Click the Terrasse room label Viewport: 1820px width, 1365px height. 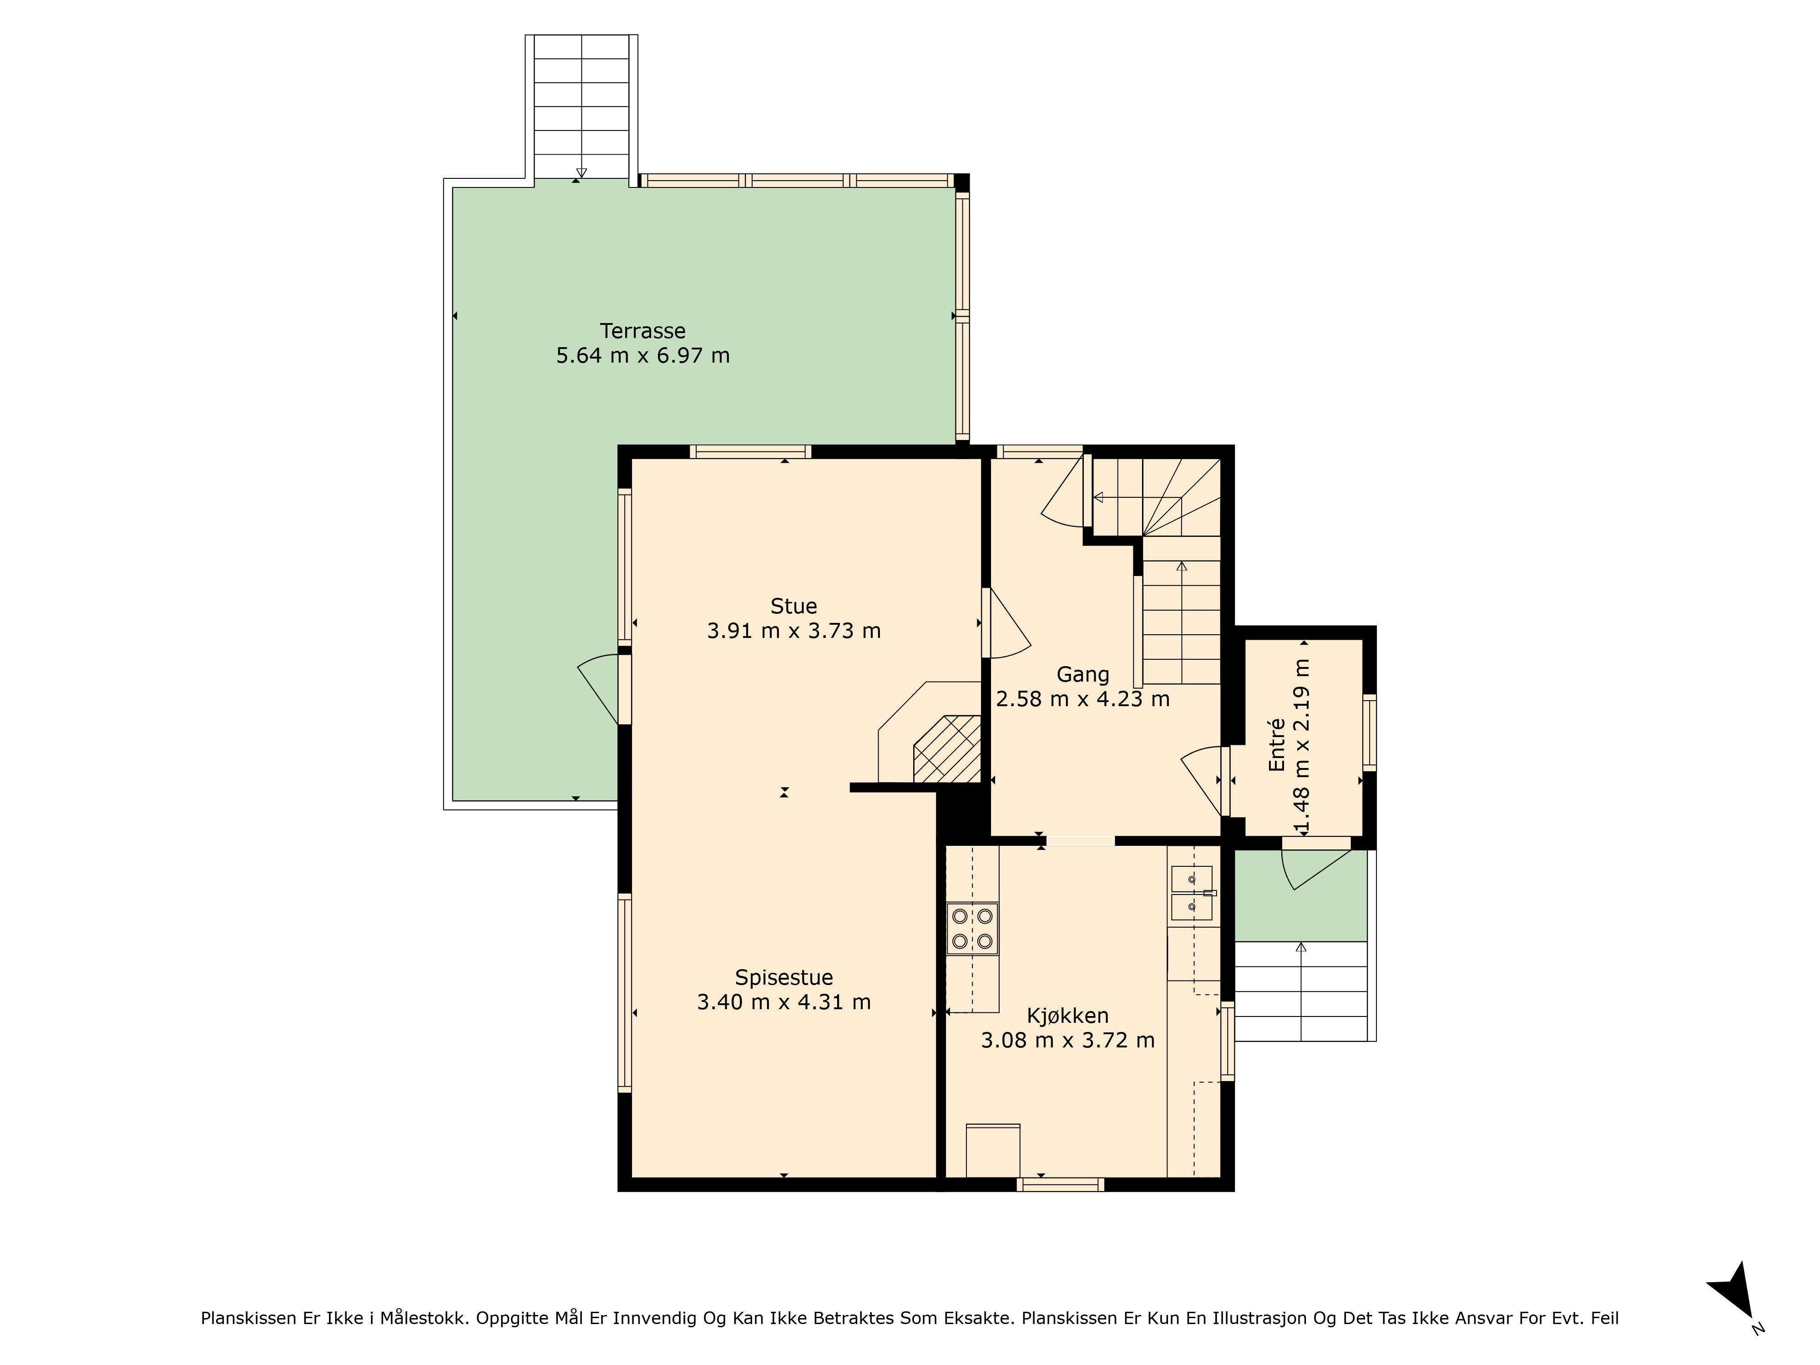click(x=642, y=331)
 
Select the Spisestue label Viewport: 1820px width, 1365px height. click(x=784, y=977)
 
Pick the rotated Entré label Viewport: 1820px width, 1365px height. click(x=1277, y=745)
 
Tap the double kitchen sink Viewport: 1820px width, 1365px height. click(x=1191, y=893)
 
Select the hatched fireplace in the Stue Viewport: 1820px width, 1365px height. click(x=947, y=749)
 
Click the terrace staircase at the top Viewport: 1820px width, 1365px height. click(x=581, y=107)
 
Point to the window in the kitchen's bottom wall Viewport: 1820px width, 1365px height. click(x=1061, y=1185)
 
